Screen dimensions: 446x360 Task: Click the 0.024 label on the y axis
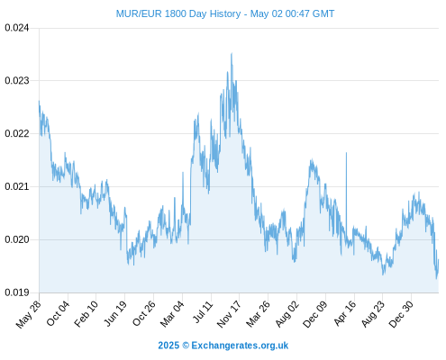(x=17, y=28)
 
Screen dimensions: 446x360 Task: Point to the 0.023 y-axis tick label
(x=17, y=80)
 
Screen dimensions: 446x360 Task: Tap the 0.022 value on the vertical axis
(x=17, y=133)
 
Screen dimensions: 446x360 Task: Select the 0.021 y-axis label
(x=17, y=186)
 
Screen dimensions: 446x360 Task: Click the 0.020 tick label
(x=17, y=239)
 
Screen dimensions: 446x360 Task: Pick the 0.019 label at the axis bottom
(x=17, y=292)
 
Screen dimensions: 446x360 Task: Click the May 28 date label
(x=28, y=314)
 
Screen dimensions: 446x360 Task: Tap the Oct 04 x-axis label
(x=58, y=313)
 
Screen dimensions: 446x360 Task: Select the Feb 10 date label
(x=86, y=313)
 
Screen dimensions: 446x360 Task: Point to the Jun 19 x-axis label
(x=114, y=313)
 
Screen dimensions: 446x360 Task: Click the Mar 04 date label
(x=172, y=313)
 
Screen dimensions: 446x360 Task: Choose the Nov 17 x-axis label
(x=229, y=314)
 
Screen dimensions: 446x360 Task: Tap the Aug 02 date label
(x=287, y=313)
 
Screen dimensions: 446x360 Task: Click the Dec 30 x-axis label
(x=401, y=313)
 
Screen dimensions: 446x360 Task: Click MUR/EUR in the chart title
(x=139, y=13)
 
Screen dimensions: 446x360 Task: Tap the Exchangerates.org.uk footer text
(x=240, y=346)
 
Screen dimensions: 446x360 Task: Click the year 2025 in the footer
(x=168, y=346)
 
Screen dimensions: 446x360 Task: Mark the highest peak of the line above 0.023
(x=232, y=53)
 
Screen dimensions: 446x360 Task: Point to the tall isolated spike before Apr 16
(x=346, y=153)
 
